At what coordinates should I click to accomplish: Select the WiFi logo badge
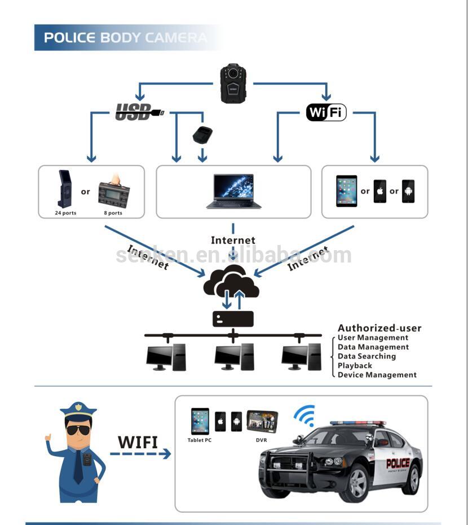click(x=326, y=112)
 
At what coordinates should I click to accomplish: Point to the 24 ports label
click(x=65, y=213)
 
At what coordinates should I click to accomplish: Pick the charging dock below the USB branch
click(x=202, y=135)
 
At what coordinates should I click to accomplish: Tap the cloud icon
click(x=231, y=282)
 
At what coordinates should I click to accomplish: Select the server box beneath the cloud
click(x=233, y=319)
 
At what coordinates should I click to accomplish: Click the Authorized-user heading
click(x=379, y=328)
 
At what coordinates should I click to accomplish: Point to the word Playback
click(x=355, y=365)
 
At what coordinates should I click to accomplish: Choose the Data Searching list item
click(x=367, y=356)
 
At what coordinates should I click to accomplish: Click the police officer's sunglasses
click(x=78, y=430)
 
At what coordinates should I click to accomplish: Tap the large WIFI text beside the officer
click(x=138, y=441)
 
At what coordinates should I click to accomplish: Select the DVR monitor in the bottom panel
click(x=262, y=421)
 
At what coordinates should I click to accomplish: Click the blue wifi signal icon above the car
click(x=304, y=416)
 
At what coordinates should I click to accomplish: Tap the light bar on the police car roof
click(x=357, y=423)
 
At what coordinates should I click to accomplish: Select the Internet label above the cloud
click(x=233, y=240)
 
